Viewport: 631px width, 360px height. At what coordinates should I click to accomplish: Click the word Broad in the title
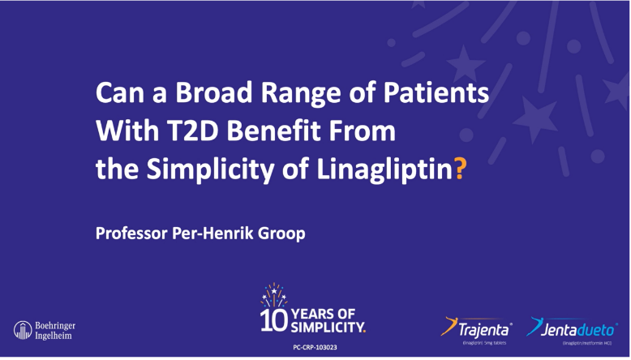click(x=186, y=93)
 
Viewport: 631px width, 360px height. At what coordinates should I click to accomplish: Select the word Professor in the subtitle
click(x=130, y=234)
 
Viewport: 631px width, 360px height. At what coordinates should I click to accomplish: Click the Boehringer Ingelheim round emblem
click(x=22, y=329)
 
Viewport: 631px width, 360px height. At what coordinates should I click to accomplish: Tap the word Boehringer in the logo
click(x=55, y=324)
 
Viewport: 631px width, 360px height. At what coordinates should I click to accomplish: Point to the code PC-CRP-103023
click(x=315, y=347)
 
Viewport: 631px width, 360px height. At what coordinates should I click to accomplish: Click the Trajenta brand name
click(x=483, y=329)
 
